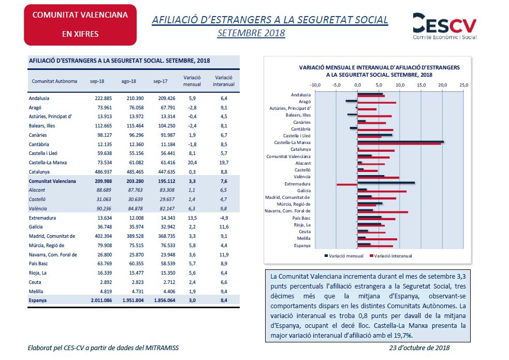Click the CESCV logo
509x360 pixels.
(444, 26)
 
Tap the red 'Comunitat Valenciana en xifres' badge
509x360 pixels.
(80, 25)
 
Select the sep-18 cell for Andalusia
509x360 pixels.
(103, 98)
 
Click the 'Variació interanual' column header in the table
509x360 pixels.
(224, 81)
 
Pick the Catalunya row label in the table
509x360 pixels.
(39, 172)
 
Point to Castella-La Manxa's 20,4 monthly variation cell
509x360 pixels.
(192, 162)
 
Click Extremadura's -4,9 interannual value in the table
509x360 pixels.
(224, 218)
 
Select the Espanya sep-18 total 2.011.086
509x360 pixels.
(101, 300)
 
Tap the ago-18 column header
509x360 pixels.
(128, 81)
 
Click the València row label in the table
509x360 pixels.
(38, 208)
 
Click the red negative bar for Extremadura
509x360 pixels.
(347, 185)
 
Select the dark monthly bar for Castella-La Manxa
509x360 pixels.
(401, 141)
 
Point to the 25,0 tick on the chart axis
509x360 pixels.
(463, 85)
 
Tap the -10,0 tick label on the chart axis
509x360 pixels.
(315, 85)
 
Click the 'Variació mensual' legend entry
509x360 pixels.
(344, 256)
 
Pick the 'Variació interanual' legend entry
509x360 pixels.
(390, 256)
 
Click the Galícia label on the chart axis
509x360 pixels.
(303, 191)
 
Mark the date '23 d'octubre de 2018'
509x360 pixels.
(419, 348)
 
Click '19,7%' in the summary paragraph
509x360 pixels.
(406, 335)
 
